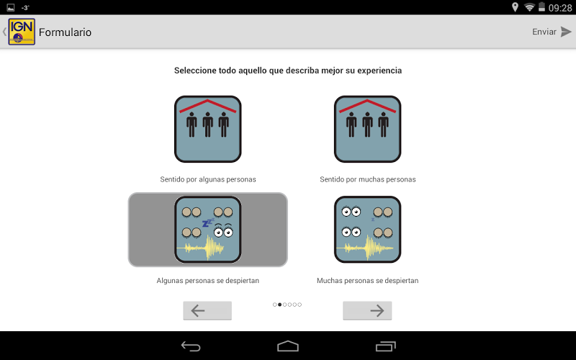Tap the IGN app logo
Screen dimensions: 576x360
pyautogui.click(x=22, y=32)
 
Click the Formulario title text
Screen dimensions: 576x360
pyautogui.click(x=65, y=32)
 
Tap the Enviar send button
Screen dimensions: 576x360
pyautogui.click(x=552, y=32)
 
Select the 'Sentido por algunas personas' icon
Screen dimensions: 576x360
pyautogui.click(x=208, y=129)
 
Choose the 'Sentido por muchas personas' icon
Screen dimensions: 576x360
pyautogui.click(x=367, y=129)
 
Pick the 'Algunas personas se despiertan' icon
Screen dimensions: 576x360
pyautogui.click(x=208, y=230)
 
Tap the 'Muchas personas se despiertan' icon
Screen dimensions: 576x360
pyautogui.click(x=367, y=230)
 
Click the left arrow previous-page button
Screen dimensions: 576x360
pyautogui.click(x=207, y=311)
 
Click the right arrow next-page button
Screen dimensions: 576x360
pyautogui.click(x=367, y=311)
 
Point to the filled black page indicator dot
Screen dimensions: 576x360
pyautogui.click(x=280, y=305)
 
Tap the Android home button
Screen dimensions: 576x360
pyautogui.click(x=288, y=346)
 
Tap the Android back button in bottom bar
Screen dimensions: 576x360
pyautogui.click(x=191, y=346)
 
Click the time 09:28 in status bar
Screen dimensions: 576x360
pyautogui.click(x=560, y=8)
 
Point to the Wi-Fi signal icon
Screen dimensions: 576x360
pyautogui.click(x=529, y=7)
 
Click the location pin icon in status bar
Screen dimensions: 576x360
pyautogui.click(x=515, y=7)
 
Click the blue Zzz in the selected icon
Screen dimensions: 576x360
pyautogui.click(x=208, y=222)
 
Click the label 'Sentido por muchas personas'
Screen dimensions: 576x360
pyautogui.click(x=368, y=179)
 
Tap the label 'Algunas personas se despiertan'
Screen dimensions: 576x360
pyautogui.click(x=208, y=281)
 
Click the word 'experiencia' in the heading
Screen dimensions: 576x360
pyautogui.click(x=379, y=71)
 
